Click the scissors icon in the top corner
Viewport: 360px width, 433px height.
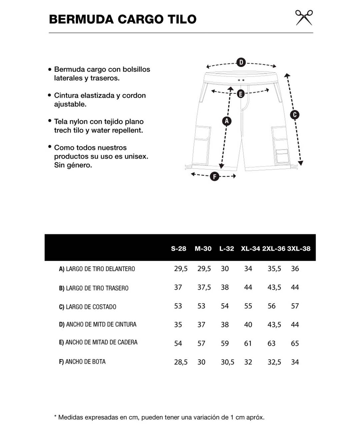point(304,18)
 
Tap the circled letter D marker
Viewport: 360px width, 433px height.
point(241,62)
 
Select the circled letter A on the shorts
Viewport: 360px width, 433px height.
point(227,121)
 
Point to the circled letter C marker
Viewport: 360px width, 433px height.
point(294,115)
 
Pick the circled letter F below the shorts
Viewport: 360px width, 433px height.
point(214,177)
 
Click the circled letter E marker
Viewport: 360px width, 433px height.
point(240,94)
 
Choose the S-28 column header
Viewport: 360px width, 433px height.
point(178,248)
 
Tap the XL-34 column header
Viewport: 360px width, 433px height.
point(250,248)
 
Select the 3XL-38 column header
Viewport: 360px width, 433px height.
point(299,248)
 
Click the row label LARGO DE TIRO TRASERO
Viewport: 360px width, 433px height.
point(94,288)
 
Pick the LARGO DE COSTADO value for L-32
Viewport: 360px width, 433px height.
point(225,306)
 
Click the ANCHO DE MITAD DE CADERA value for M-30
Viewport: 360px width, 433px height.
point(201,343)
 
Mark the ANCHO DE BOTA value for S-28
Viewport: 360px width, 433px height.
point(181,362)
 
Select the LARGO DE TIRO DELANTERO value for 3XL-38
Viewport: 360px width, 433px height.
point(295,268)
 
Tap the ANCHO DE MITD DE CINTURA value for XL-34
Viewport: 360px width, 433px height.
point(248,324)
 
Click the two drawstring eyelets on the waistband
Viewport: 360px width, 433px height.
point(241,80)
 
